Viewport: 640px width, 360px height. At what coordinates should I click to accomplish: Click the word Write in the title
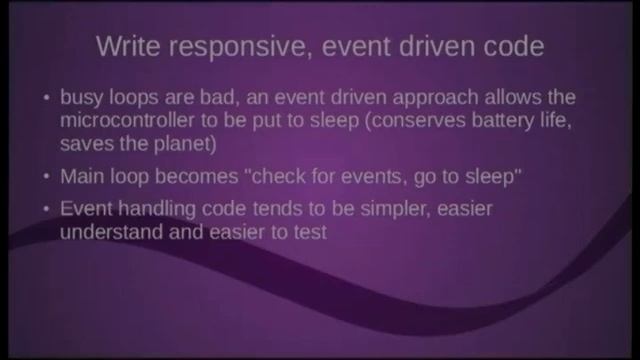127,46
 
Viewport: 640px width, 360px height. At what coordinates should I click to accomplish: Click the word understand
111,231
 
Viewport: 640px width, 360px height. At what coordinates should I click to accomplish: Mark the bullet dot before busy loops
46,100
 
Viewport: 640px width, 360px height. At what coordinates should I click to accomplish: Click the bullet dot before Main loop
46,177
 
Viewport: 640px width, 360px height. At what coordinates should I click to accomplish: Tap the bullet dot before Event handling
46,210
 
